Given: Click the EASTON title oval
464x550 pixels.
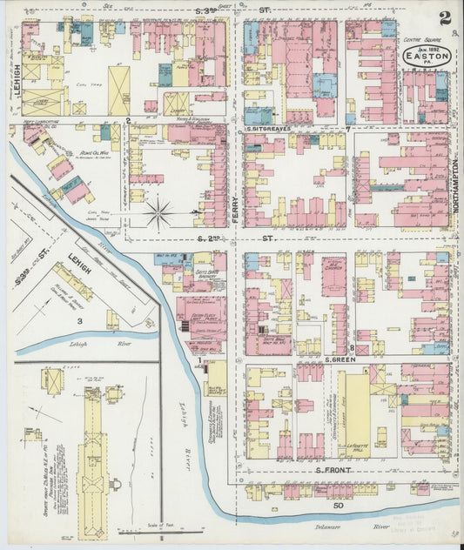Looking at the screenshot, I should (x=427, y=56).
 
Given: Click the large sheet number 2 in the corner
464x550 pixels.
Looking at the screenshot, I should (x=445, y=17).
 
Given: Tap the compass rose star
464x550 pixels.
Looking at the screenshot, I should (x=158, y=210).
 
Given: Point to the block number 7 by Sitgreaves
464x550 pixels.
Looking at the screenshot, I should (x=347, y=130).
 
